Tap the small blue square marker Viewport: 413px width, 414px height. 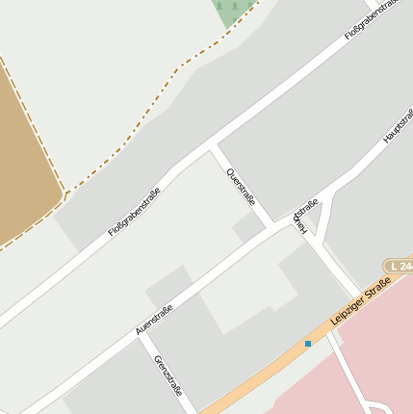(x=308, y=343)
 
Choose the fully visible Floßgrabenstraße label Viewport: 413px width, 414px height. (x=134, y=214)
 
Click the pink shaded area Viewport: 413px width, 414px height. (x=375, y=356)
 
